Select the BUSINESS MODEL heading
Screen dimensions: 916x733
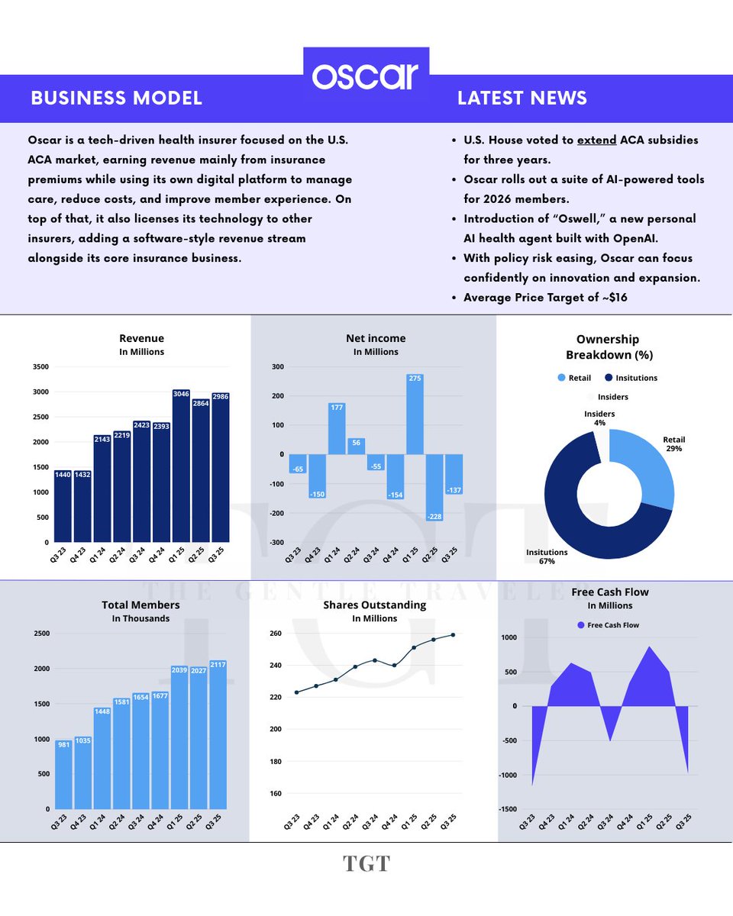coord(116,98)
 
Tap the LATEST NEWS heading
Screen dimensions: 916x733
coord(521,98)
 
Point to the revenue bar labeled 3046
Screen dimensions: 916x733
coord(181,466)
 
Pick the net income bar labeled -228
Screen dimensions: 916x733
coord(434,488)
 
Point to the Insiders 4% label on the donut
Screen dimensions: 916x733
coord(599,418)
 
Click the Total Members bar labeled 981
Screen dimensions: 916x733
coord(65,774)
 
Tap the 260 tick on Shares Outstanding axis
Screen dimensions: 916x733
coord(275,634)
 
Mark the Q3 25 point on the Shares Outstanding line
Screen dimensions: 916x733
coord(454,634)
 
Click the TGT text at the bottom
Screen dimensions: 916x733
coord(366,863)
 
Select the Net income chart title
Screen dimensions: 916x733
coord(375,338)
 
